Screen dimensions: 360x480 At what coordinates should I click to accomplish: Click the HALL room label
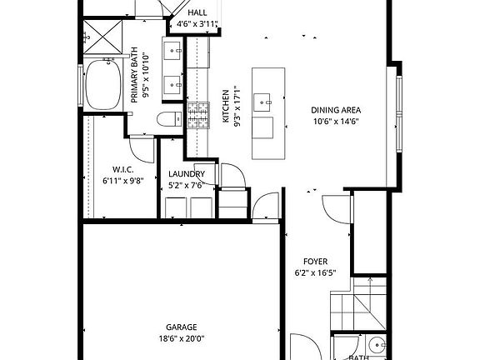[x=197, y=13]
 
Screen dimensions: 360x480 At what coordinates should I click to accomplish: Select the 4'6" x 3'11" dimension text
[x=197, y=25]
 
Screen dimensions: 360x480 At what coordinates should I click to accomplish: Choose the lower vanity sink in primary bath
[x=175, y=84]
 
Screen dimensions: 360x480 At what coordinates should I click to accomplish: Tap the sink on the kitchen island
[x=266, y=103]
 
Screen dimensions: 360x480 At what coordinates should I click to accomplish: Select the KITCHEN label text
[x=225, y=107]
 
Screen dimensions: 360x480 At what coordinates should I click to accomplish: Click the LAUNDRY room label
[x=186, y=174]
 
